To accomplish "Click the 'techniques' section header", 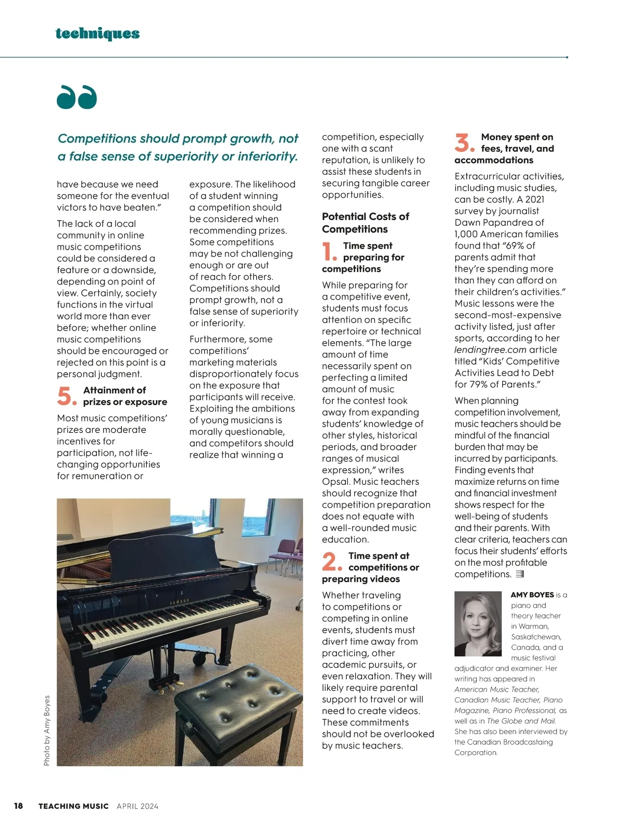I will (x=97, y=34).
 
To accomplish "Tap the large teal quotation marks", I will (x=77, y=97).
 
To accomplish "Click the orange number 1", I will (x=329, y=252).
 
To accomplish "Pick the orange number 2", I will (x=331, y=562).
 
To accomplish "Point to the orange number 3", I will (x=464, y=143).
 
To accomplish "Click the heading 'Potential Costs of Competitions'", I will (x=365, y=223).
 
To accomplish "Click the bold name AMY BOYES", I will (x=532, y=595).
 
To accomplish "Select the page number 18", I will (x=18, y=806).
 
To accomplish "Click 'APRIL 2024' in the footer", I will (x=137, y=806).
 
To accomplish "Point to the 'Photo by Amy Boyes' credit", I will (x=47, y=730).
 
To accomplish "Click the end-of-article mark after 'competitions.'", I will (x=519, y=574).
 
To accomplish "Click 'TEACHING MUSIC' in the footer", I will (x=73, y=806).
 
